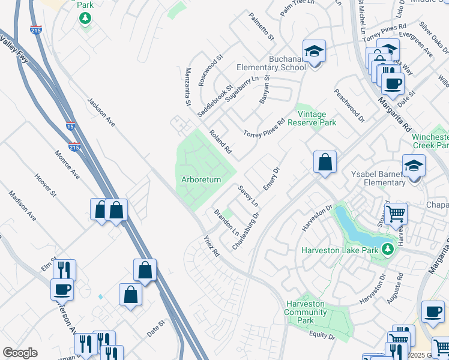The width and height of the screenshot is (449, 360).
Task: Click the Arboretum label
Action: [201, 179]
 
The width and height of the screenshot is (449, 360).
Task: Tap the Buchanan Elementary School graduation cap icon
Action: [313, 52]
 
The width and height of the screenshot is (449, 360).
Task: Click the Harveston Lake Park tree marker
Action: [388, 250]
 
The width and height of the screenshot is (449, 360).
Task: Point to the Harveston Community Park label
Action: [306, 312]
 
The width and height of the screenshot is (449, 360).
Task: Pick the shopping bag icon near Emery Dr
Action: [325, 161]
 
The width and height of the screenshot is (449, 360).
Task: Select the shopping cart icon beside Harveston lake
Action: [396, 212]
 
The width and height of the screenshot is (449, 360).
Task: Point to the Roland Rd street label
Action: [220, 142]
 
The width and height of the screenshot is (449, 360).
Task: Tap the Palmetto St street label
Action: [261, 27]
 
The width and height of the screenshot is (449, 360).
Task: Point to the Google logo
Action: [20, 353]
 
